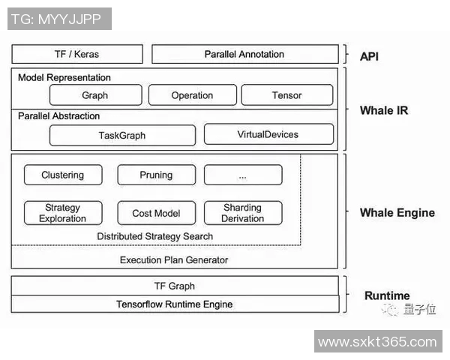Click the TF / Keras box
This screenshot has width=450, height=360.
click(x=76, y=54)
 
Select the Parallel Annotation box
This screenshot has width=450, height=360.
click(x=244, y=54)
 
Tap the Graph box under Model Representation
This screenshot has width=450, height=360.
click(x=95, y=95)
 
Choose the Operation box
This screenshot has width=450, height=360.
click(x=192, y=95)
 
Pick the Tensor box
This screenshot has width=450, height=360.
click(x=286, y=95)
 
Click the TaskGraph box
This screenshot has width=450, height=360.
click(x=122, y=135)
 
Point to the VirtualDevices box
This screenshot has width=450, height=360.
click(x=268, y=134)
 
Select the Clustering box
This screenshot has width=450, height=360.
click(x=63, y=175)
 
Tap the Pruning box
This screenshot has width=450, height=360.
click(x=156, y=175)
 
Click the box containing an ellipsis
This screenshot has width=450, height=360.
click(x=242, y=175)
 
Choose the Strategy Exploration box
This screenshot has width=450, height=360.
click(x=63, y=213)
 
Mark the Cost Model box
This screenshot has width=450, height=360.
click(x=156, y=213)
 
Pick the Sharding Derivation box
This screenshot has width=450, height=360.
click(x=242, y=213)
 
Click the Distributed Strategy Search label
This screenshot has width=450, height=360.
click(x=155, y=236)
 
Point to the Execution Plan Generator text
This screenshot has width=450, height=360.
click(x=174, y=259)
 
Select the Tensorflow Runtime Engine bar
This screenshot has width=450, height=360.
click(x=174, y=304)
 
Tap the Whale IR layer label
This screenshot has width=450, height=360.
click(x=384, y=110)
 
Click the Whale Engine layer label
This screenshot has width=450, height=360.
click(x=397, y=212)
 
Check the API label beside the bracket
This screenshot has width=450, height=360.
click(x=369, y=55)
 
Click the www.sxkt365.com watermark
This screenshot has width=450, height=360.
click(x=377, y=342)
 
